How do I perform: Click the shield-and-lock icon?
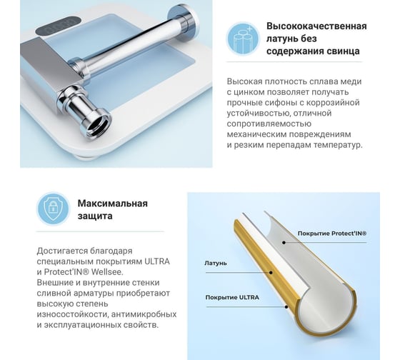53,209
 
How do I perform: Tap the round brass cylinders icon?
243,39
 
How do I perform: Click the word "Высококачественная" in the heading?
316,26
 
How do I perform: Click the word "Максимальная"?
113,204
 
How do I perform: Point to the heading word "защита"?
95,216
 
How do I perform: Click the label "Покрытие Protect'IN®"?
332,234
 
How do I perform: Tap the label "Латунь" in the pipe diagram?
216,264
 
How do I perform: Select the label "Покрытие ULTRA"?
232,297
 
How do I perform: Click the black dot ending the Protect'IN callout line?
284,242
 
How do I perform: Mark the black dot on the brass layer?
271,272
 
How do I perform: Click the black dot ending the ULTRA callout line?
286,306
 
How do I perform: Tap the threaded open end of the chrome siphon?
96,124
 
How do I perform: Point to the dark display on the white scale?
58,26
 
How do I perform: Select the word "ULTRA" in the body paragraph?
157,261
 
